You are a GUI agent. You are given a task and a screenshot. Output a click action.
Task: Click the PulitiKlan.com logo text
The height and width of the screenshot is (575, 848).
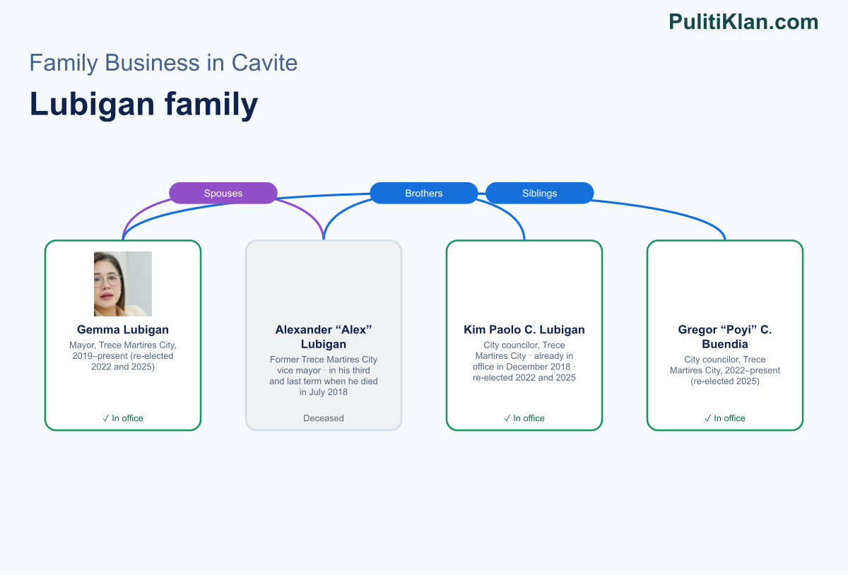point(743,22)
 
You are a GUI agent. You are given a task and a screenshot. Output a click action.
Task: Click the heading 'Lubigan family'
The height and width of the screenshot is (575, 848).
point(144,104)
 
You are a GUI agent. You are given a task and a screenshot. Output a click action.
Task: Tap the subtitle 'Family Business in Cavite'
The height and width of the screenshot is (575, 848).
point(163,62)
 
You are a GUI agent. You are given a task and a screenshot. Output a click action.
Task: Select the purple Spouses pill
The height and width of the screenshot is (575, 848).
point(223,193)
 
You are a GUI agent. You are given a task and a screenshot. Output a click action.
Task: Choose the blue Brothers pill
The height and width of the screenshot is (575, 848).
point(423,193)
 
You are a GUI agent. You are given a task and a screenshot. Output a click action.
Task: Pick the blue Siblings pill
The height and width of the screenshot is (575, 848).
point(539,193)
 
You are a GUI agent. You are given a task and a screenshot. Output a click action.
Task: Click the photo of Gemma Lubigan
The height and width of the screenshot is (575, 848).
point(123,283)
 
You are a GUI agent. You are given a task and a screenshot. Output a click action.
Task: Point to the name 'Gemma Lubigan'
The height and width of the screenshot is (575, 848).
point(123,329)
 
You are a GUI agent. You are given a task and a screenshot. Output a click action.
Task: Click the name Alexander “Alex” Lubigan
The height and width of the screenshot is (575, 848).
point(324,336)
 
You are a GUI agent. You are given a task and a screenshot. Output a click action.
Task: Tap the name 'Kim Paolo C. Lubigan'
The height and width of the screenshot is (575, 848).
point(524,329)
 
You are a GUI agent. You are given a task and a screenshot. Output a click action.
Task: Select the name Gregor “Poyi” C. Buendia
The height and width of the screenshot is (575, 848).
point(724,336)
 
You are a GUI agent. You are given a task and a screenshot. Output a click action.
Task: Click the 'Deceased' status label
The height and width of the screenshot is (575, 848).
point(324,418)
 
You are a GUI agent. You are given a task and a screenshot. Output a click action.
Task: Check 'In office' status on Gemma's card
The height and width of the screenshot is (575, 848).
point(123,418)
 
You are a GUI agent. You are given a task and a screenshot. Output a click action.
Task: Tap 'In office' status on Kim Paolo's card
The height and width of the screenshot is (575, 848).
point(524,418)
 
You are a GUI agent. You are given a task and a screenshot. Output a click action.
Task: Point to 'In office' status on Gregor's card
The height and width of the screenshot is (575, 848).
point(724,418)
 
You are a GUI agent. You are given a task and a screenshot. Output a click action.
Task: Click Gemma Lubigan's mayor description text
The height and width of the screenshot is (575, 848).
point(123,356)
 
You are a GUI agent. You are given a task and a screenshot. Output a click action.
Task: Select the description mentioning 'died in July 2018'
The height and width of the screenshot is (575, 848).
point(324,376)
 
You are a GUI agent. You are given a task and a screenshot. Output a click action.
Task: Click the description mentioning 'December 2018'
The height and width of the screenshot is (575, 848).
point(524,361)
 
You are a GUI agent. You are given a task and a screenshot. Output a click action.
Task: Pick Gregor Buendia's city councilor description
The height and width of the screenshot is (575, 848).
point(724,370)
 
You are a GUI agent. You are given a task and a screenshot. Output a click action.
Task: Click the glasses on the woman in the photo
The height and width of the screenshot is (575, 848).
point(108,281)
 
